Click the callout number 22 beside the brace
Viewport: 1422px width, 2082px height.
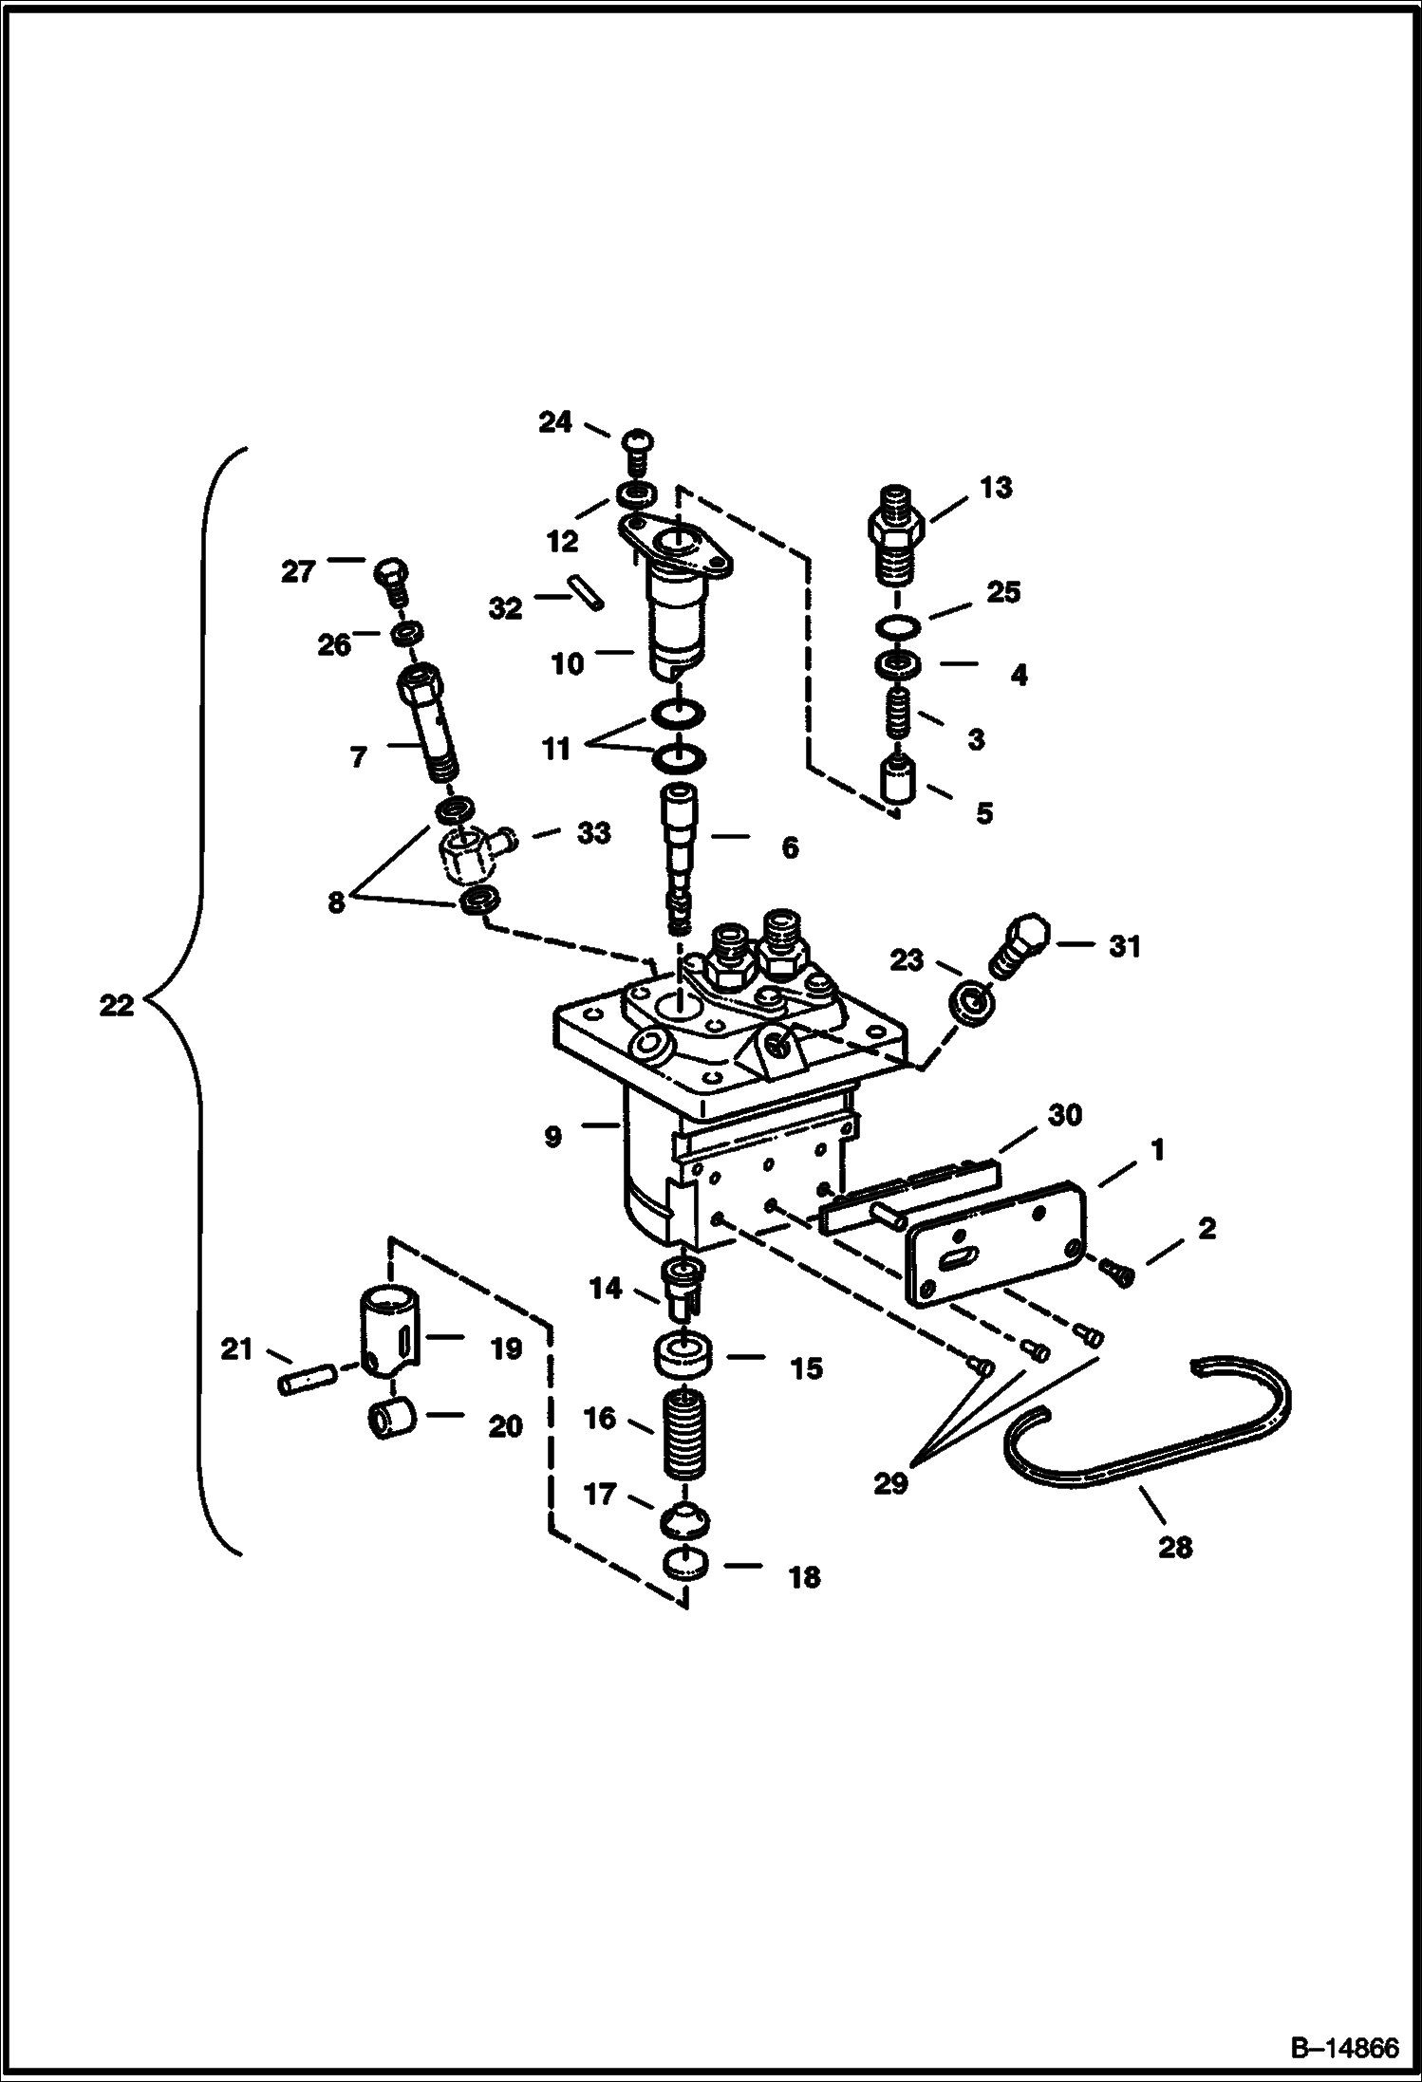tap(117, 1006)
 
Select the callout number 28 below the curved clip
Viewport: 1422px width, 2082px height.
tap(1174, 1548)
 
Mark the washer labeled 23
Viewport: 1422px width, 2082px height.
tap(972, 1004)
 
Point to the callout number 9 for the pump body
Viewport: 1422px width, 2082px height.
tap(552, 1136)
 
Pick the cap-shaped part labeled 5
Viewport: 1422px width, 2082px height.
tap(898, 779)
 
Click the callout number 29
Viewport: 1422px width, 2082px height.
tap(889, 1481)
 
